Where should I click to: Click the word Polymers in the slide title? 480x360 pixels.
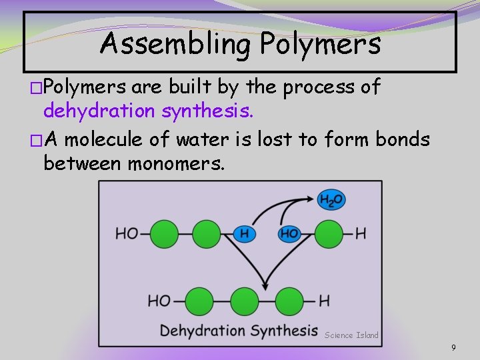(x=320, y=45)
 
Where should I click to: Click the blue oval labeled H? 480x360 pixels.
(x=245, y=233)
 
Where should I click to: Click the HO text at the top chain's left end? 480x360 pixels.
(x=127, y=233)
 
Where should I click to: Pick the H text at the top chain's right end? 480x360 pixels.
(x=361, y=233)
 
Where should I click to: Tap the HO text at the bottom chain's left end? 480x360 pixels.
(x=159, y=301)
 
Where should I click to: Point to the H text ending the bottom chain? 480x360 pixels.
(x=324, y=301)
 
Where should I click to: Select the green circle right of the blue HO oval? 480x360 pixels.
(x=329, y=233)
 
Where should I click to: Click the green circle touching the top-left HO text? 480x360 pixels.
(x=164, y=233)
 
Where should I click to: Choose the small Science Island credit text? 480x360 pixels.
(x=351, y=335)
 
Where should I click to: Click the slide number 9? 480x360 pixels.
(x=453, y=347)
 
